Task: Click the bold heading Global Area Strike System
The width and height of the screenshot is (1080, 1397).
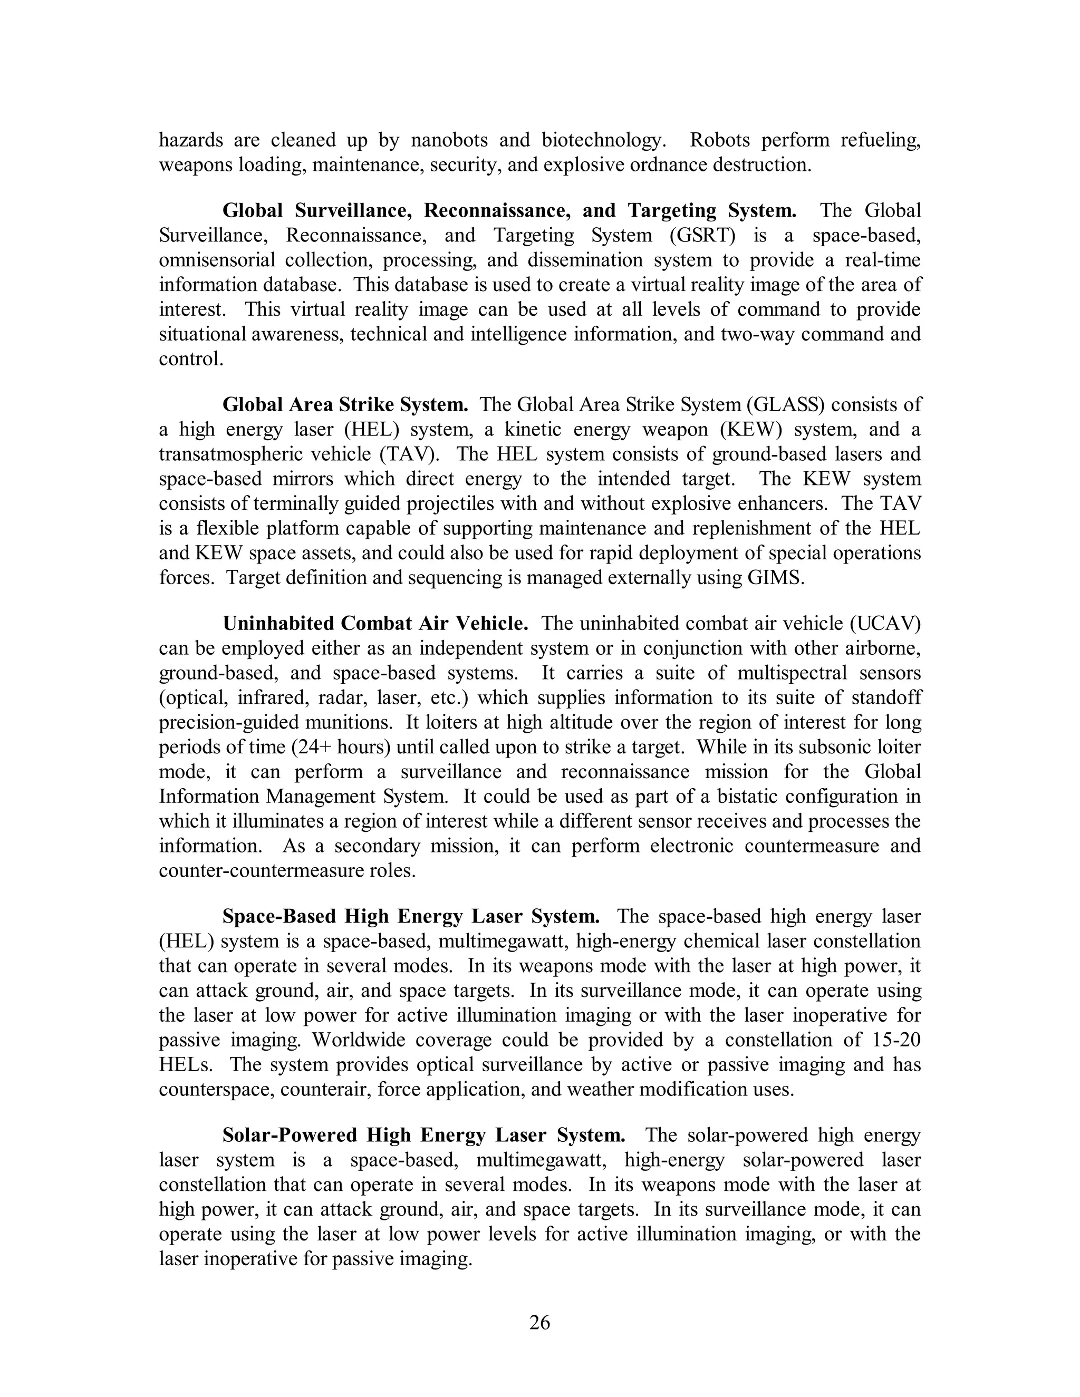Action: [345, 404]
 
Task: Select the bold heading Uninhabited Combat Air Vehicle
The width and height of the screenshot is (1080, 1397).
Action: [375, 623]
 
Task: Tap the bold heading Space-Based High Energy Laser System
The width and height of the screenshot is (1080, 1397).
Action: [411, 917]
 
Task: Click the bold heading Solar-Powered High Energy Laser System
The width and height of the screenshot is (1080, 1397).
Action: [423, 1136]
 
